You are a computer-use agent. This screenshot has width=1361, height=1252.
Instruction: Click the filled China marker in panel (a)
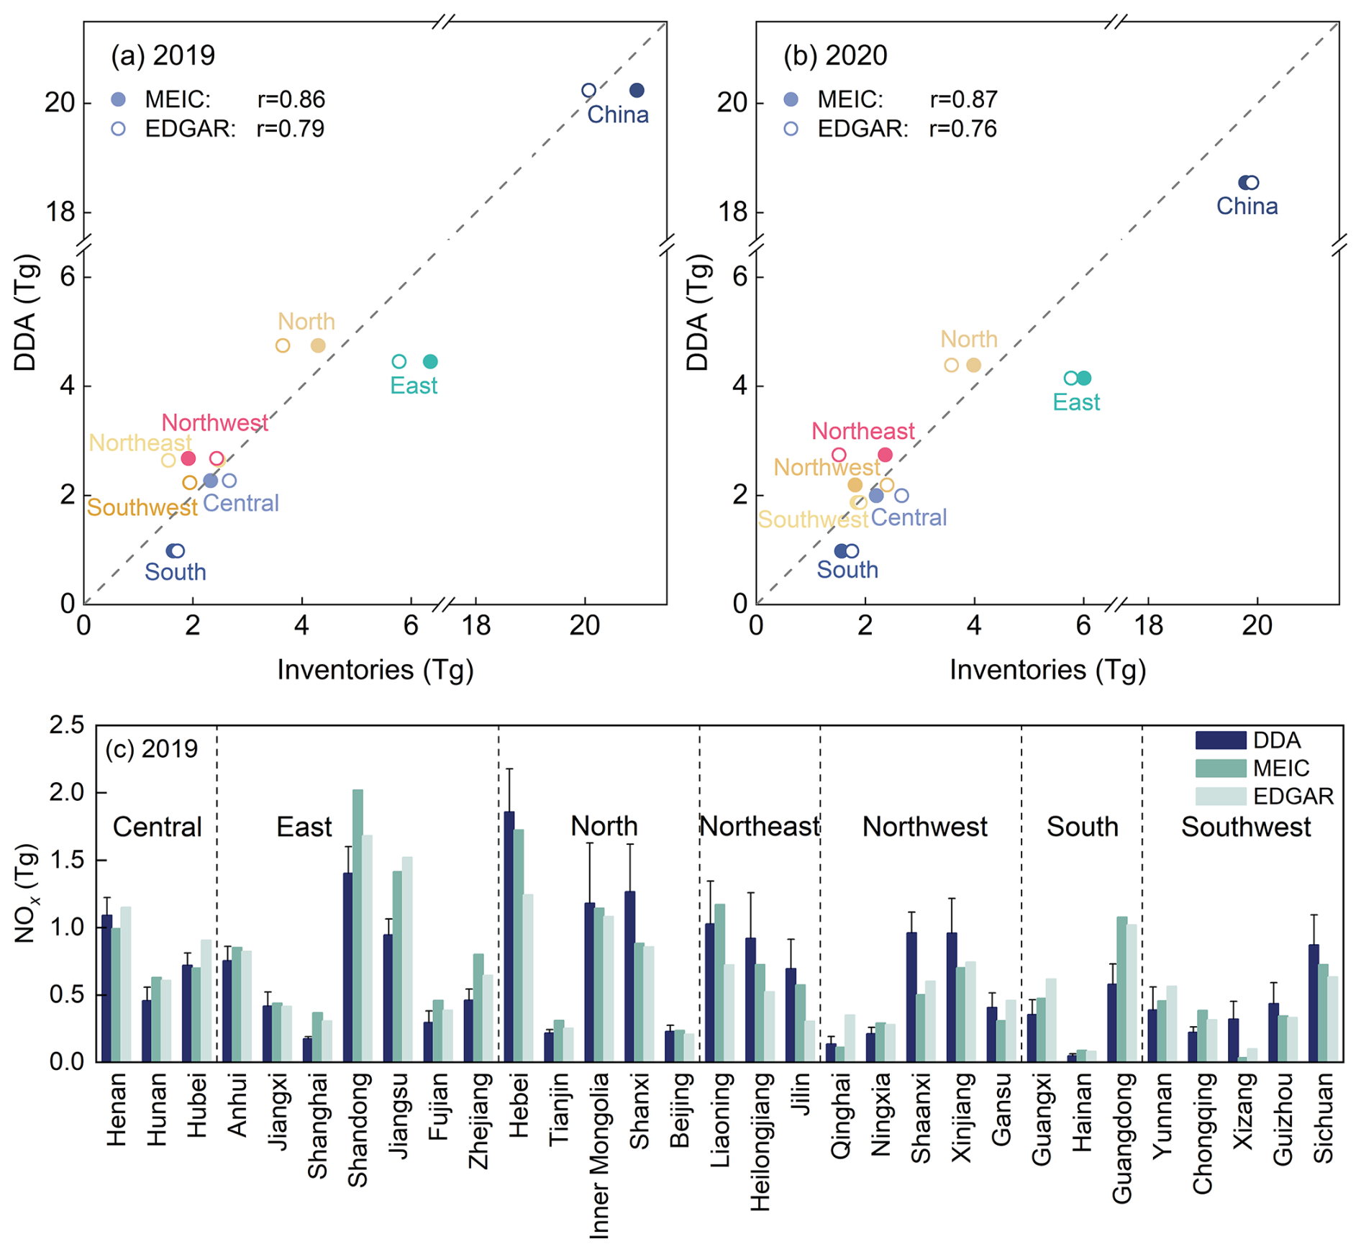(637, 91)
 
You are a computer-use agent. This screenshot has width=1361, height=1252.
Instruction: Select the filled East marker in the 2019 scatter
(430, 361)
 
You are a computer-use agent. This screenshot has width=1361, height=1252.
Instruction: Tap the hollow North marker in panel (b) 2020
(951, 365)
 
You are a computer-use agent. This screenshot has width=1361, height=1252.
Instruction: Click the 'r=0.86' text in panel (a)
(291, 99)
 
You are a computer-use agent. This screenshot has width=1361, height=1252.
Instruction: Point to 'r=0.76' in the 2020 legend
(962, 130)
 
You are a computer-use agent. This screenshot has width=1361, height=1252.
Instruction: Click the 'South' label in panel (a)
(176, 572)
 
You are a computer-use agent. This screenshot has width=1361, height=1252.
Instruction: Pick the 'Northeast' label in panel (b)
(862, 431)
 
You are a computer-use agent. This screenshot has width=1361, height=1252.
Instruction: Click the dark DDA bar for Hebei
(509, 935)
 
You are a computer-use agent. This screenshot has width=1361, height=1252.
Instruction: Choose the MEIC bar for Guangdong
(1121, 989)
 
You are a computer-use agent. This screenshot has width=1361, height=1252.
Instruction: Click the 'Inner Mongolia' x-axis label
(599, 1156)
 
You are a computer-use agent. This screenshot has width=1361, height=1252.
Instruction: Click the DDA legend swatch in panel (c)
(1220, 740)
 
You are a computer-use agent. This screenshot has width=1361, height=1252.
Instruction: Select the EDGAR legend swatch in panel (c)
(1220, 796)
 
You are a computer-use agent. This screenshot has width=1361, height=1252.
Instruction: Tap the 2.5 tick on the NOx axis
(66, 725)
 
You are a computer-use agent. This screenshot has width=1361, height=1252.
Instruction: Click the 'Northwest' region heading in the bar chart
(924, 827)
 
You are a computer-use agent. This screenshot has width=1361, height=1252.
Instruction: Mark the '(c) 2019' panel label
(151, 749)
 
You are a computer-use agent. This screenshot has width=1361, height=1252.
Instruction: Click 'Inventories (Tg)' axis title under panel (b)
(1047, 670)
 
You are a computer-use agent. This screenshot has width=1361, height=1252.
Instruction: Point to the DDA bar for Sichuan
(1314, 1002)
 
